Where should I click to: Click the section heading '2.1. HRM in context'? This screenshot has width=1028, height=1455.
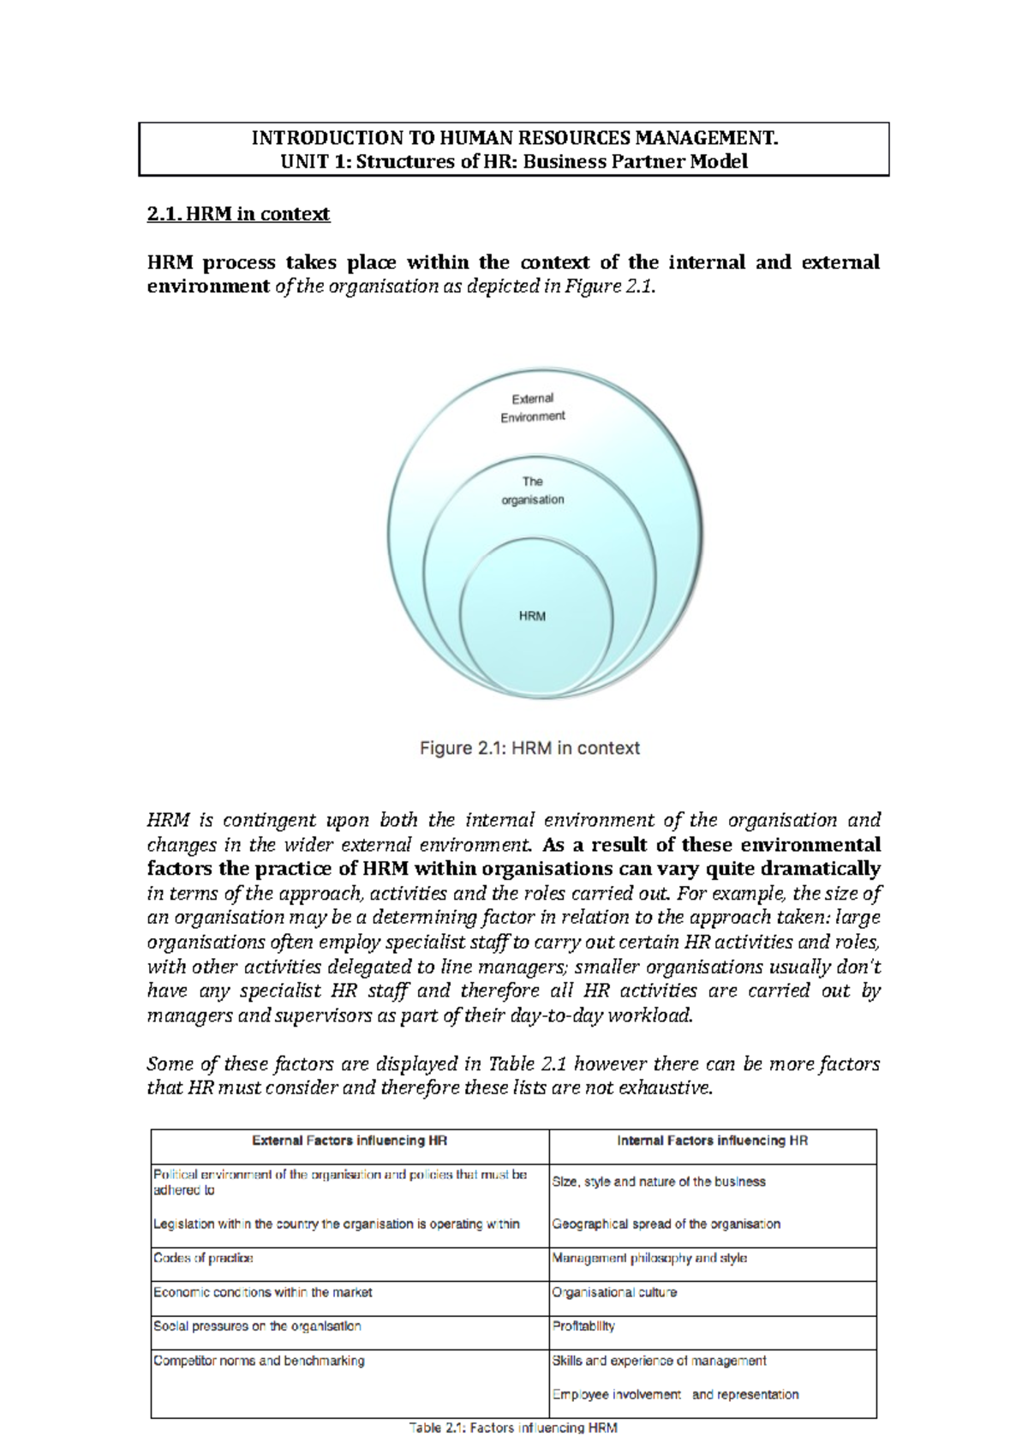click(x=238, y=214)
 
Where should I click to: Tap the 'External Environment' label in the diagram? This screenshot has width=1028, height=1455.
click(x=532, y=408)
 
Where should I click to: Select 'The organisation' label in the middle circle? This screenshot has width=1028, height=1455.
click(x=532, y=491)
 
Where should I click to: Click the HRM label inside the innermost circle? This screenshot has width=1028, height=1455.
click(x=532, y=616)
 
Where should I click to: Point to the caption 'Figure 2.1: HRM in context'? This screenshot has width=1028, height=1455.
click(x=529, y=748)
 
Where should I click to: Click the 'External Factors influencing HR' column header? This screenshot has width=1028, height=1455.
click(x=350, y=1141)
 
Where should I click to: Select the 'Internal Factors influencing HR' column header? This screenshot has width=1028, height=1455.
click(x=712, y=1141)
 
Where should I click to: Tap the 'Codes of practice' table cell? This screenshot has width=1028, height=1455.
click(x=203, y=1259)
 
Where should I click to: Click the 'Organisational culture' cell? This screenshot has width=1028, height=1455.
click(x=614, y=1293)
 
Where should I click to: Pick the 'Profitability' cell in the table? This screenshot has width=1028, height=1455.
click(x=583, y=1326)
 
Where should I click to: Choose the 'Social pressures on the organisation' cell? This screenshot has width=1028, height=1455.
click(x=257, y=1326)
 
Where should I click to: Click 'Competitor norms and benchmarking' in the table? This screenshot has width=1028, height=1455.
click(x=259, y=1361)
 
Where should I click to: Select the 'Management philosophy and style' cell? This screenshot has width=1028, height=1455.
click(x=649, y=1259)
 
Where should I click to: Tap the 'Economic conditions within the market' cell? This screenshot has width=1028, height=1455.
click(x=262, y=1293)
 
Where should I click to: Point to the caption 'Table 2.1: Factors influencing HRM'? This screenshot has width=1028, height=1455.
click(x=513, y=1428)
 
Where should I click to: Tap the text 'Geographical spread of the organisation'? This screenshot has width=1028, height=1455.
click(x=666, y=1224)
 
